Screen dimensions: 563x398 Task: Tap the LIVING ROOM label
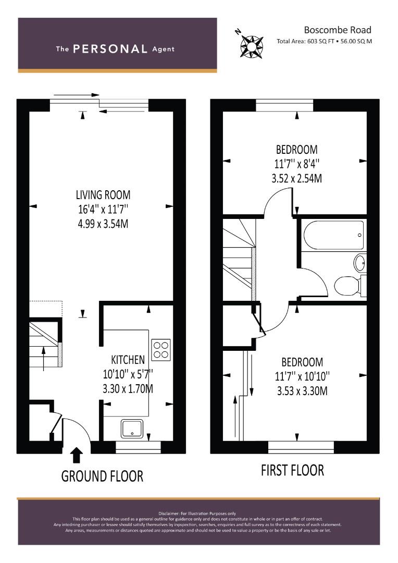point(103,195)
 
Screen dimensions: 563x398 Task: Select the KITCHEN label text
point(128,360)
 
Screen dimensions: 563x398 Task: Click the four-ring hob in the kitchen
point(161,349)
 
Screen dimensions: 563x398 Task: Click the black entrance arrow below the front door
point(76,455)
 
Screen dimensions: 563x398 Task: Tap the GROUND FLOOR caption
point(102,476)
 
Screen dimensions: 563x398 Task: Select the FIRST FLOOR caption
point(292,470)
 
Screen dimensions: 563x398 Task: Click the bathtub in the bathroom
point(333,236)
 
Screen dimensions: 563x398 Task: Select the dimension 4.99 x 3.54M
point(103,224)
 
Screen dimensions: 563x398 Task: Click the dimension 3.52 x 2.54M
point(296,178)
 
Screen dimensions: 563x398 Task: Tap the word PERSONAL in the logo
point(110,49)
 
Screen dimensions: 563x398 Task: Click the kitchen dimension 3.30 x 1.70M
point(128,389)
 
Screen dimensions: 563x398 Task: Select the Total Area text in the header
point(325,41)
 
